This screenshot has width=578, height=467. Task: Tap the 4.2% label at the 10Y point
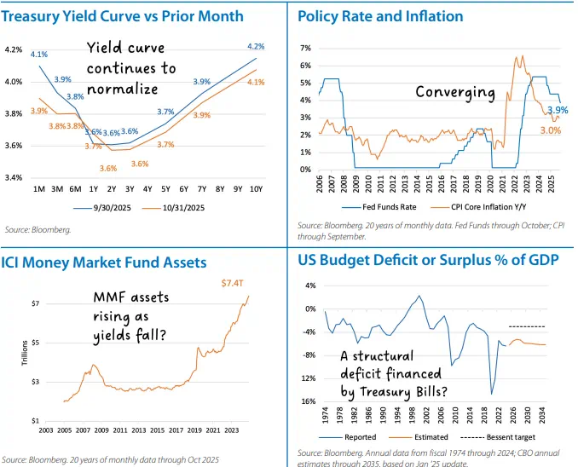[x=255, y=46]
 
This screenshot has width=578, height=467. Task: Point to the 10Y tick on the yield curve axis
[x=257, y=187]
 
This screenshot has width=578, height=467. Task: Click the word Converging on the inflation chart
[x=454, y=92]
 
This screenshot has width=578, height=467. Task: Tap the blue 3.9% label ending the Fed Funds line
[x=558, y=111]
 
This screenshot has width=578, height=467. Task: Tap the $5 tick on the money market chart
[x=35, y=343]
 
